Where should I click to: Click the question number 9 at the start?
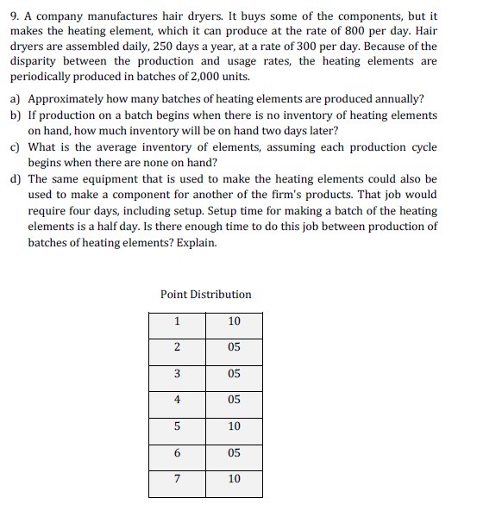pyautogui.click(x=15, y=16)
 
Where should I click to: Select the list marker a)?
pyautogui.click(x=16, y=100)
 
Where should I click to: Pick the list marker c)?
pyautogui.click(x=16, y=146)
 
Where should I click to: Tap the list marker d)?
pyautogui.click(x=16, y=179)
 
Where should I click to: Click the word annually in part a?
pyautogui.click(x=399, y=100)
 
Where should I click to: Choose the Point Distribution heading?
pyautogui.click(x=205, y=295)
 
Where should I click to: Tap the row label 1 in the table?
pyautogui.click(x=177, y=321)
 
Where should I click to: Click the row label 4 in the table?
pyautogui.click(x=177, y=400)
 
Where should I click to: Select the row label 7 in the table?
pyautogui.click(x=177, y=479)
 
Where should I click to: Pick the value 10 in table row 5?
pyautogui.click(x=234, y=426)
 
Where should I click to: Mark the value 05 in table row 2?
pyautogui.click(x=234, y=347)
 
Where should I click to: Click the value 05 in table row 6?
pyautogui.click(x=234, y=453)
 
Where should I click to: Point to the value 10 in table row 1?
pyautogui.click(x=234, y=321)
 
